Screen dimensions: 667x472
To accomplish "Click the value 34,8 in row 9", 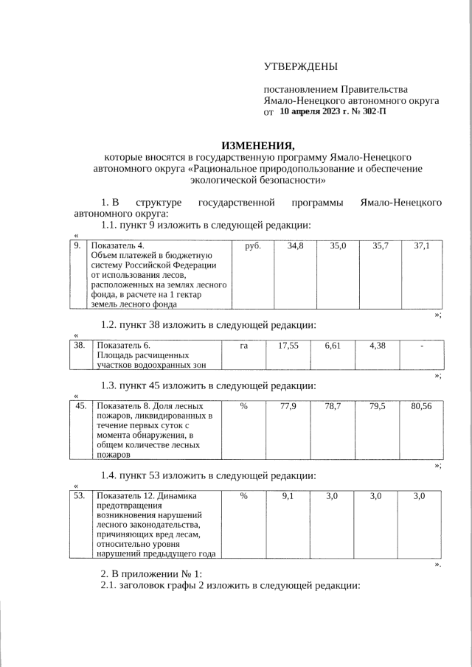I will [295, 245].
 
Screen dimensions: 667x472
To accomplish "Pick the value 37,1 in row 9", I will [422, 245].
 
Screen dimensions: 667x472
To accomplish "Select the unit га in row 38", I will [243, 344].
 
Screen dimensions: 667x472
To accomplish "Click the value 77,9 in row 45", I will [288, 406].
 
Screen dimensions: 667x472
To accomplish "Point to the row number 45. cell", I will [81, 405].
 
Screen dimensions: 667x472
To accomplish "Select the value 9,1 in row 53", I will [288, 496].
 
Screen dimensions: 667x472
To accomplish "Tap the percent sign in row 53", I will [243, 496].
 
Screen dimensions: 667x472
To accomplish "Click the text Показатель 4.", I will [117, 245].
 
